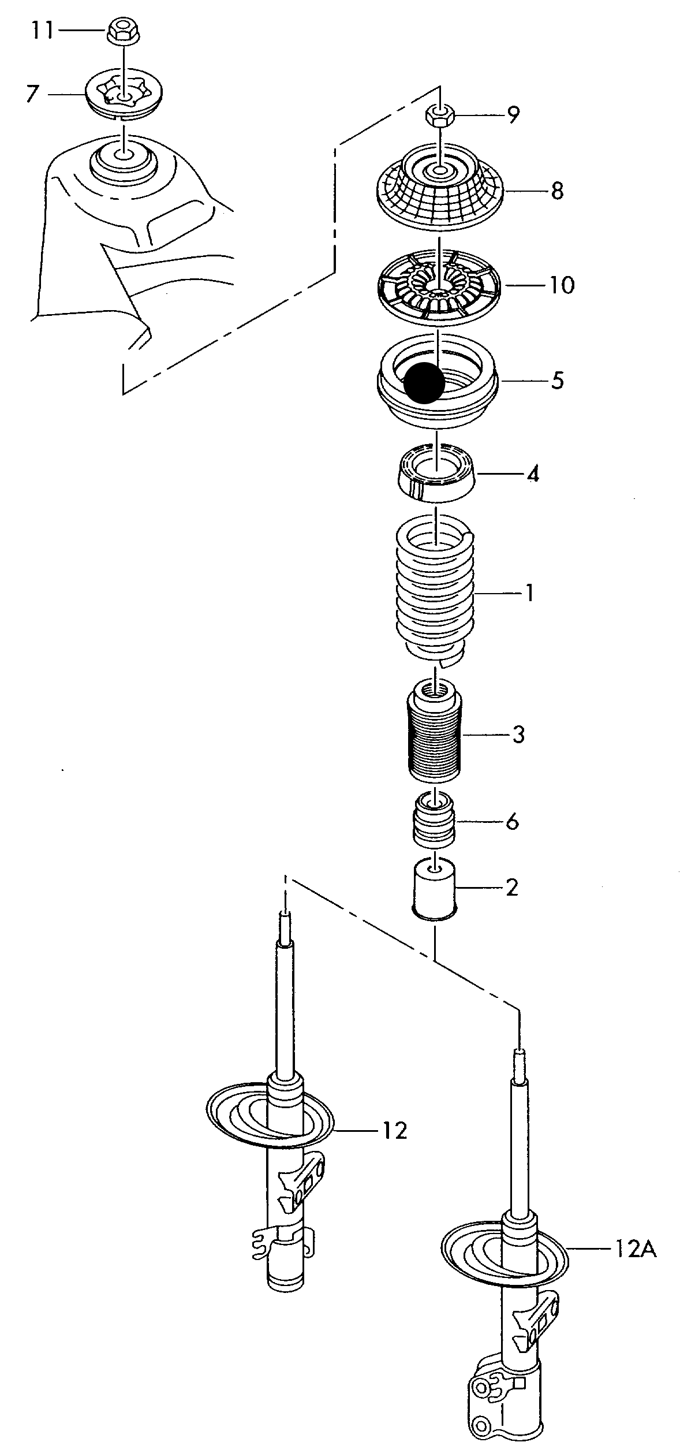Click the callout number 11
(42, 31)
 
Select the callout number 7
(32, 93)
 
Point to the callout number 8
(556, 190)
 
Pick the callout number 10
(562, 285)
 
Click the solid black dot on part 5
(424, 382)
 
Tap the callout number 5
(557, 381)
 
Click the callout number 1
(529, 592)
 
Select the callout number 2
(511, 888)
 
